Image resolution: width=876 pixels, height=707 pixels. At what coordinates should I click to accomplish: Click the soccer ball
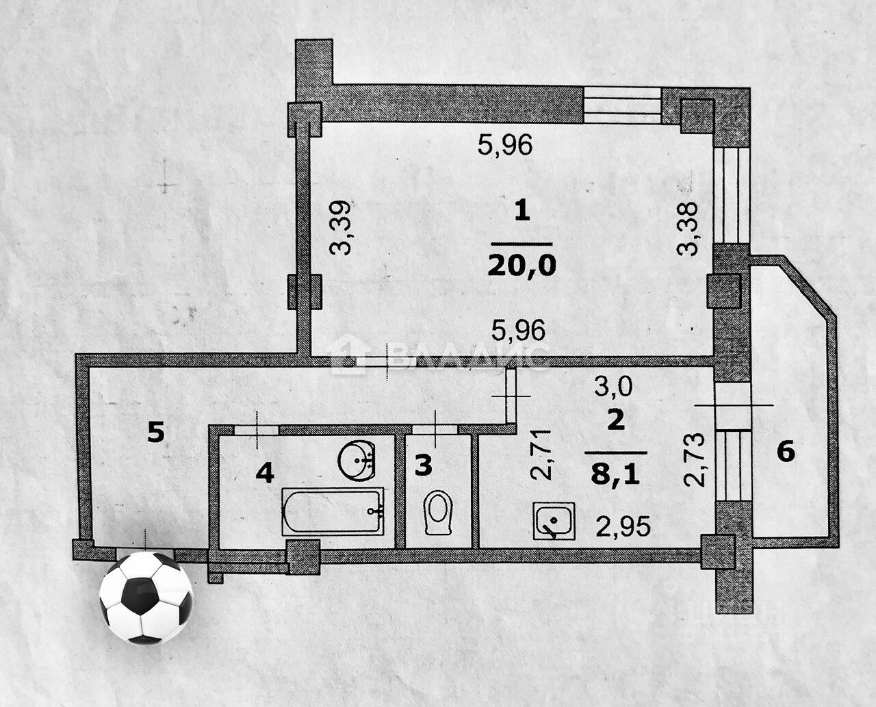point(146,597)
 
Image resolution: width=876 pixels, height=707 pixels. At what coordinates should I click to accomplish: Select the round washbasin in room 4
point(358,459)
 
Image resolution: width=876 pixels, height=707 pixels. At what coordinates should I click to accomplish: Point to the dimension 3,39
point(340,228)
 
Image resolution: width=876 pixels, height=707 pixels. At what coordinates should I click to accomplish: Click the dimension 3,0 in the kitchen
point(614,387)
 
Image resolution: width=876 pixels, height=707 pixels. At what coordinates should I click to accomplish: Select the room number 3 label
point(424,465)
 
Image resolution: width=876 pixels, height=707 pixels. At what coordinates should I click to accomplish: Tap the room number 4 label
point(265,472)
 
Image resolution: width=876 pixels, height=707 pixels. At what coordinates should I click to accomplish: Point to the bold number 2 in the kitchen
point(616,420)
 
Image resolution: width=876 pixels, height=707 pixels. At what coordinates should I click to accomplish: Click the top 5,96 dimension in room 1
point(505,145)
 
